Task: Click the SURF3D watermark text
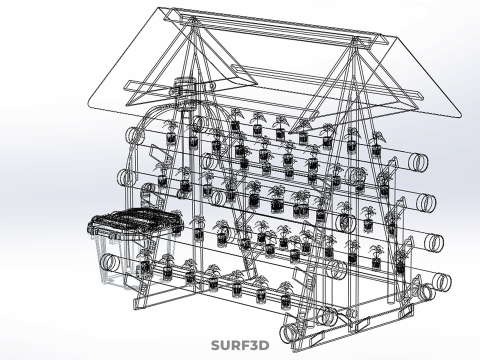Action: (x=240, y=345)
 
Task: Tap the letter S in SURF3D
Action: (x=216, y=345)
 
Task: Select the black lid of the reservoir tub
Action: (x=135, y=221)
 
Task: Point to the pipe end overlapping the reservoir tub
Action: (x=111, y=263)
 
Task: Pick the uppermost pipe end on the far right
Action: (x=418, y=162)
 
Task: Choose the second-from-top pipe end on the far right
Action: (x=426, y=202)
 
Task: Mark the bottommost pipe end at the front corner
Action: (x=289, y=334)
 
